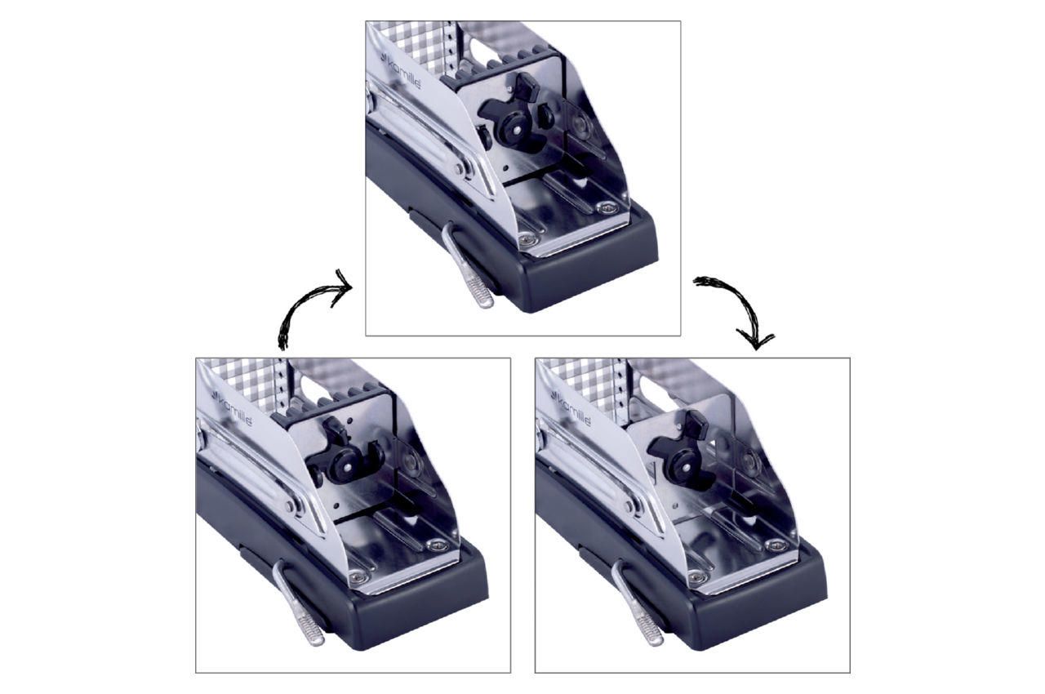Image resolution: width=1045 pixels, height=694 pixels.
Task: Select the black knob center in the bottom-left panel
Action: (x=349, y=465)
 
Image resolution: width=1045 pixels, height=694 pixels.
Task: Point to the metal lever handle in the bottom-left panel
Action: (x=299, y=604)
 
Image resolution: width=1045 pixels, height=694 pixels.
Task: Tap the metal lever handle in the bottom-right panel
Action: (x=638, y=604)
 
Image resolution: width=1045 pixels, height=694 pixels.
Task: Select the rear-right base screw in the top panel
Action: (x=607, y=207)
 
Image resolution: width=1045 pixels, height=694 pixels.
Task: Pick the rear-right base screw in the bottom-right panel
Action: (x=776, y=545)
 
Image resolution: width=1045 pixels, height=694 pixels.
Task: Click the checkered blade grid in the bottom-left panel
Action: (x=242, y=380)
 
